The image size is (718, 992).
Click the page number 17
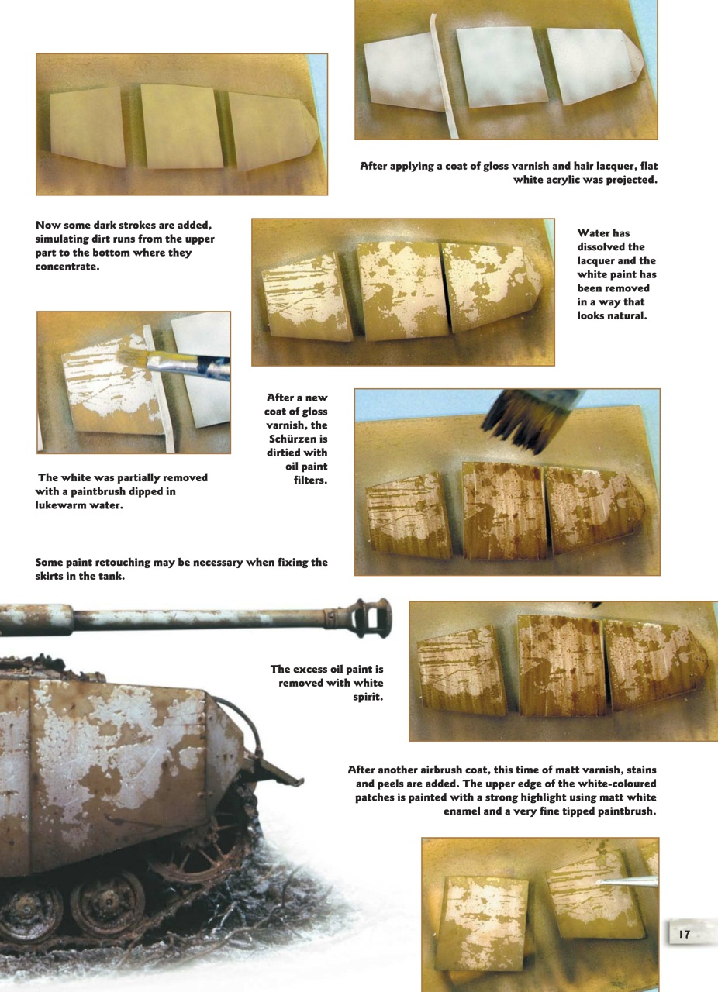click(x=685, y=935)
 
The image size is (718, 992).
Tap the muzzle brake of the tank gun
click(x=372, y=617)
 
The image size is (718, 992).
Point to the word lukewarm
click(x=62, y=505)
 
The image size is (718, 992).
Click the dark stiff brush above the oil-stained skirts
click(x=527, y=419)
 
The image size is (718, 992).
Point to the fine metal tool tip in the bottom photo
click(x=628, y=882)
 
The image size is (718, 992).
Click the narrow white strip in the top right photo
click(x=442, y=77)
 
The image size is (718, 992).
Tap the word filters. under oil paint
click(x=309, y=480)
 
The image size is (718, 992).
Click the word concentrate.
click(x=68, y=267)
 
